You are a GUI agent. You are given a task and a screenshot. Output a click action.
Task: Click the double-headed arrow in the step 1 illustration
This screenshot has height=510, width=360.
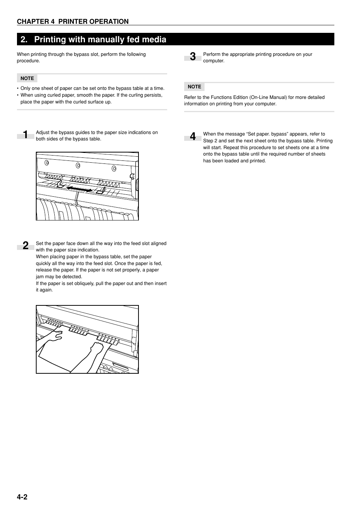tap(79, 188)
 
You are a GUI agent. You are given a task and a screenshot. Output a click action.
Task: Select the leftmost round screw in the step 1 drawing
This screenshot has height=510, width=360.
tap(47, 163)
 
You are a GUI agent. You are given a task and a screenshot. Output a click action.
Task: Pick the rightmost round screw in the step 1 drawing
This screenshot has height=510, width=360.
tap(114, 168)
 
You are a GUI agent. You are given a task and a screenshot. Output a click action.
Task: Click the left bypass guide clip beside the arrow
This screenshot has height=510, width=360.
tap(60, 184)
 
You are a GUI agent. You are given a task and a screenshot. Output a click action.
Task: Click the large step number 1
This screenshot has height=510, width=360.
tap(25, 135)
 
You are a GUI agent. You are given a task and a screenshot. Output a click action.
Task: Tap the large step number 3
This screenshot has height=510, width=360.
tap(193, 57)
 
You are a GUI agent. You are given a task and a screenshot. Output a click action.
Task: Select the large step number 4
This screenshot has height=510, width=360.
tap(193, 137)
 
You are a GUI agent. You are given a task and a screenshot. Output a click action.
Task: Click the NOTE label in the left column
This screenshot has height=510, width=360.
tap(27, 79)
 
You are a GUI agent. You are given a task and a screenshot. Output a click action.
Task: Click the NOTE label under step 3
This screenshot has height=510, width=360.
tap(194, 87)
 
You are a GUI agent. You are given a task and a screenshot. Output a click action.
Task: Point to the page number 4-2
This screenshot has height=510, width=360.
tap(22, 497)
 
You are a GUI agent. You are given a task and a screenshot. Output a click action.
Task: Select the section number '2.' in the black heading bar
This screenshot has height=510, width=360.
tap(25, 39)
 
